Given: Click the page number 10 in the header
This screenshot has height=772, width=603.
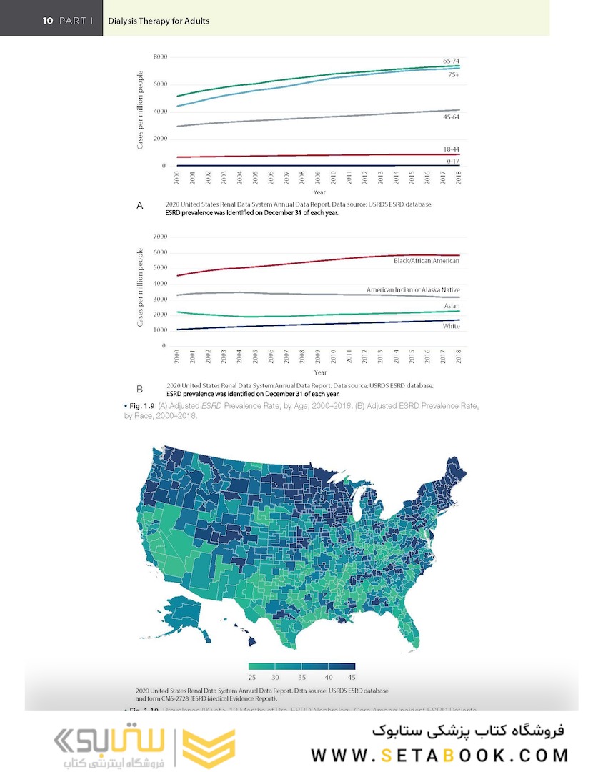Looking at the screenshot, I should (x=48, y=21).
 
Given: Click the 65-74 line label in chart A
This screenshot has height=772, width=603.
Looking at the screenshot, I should (x=451, y=61).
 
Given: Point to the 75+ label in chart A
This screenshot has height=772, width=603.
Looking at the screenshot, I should (x=453, y=74).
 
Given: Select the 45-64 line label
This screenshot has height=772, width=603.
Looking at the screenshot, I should (x=451, y=116).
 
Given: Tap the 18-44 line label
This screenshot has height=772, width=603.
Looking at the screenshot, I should (x=451, y=148).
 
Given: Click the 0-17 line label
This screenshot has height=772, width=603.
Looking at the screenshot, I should (x=452, y=162).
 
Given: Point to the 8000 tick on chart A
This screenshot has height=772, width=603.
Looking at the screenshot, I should (x=160, y=56).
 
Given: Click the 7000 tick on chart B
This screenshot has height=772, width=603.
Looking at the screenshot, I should (x=160, y=237).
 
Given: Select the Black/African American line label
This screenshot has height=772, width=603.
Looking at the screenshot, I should (x=426, y=262).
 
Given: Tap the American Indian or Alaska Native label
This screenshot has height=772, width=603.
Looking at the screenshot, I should (x=412, y=290).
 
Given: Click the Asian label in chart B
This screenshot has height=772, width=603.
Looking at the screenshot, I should (x=452, y=306).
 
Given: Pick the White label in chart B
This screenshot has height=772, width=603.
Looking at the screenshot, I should (x=450, y=327).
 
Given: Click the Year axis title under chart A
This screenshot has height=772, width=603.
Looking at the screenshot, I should (x=319, y=192).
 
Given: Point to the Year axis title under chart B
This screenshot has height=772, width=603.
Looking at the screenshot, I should (x=319, y=372).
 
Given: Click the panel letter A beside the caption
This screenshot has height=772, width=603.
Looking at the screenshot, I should (x=140, y=206).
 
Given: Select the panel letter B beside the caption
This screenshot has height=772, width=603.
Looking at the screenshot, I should (x=140, y=390).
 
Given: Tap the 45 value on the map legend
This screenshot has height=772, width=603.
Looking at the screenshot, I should (x=351, y=677).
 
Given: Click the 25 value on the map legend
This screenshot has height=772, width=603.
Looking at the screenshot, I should (x=252, y=677).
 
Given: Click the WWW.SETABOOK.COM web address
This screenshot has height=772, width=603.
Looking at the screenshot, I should (x=440, y=756).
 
